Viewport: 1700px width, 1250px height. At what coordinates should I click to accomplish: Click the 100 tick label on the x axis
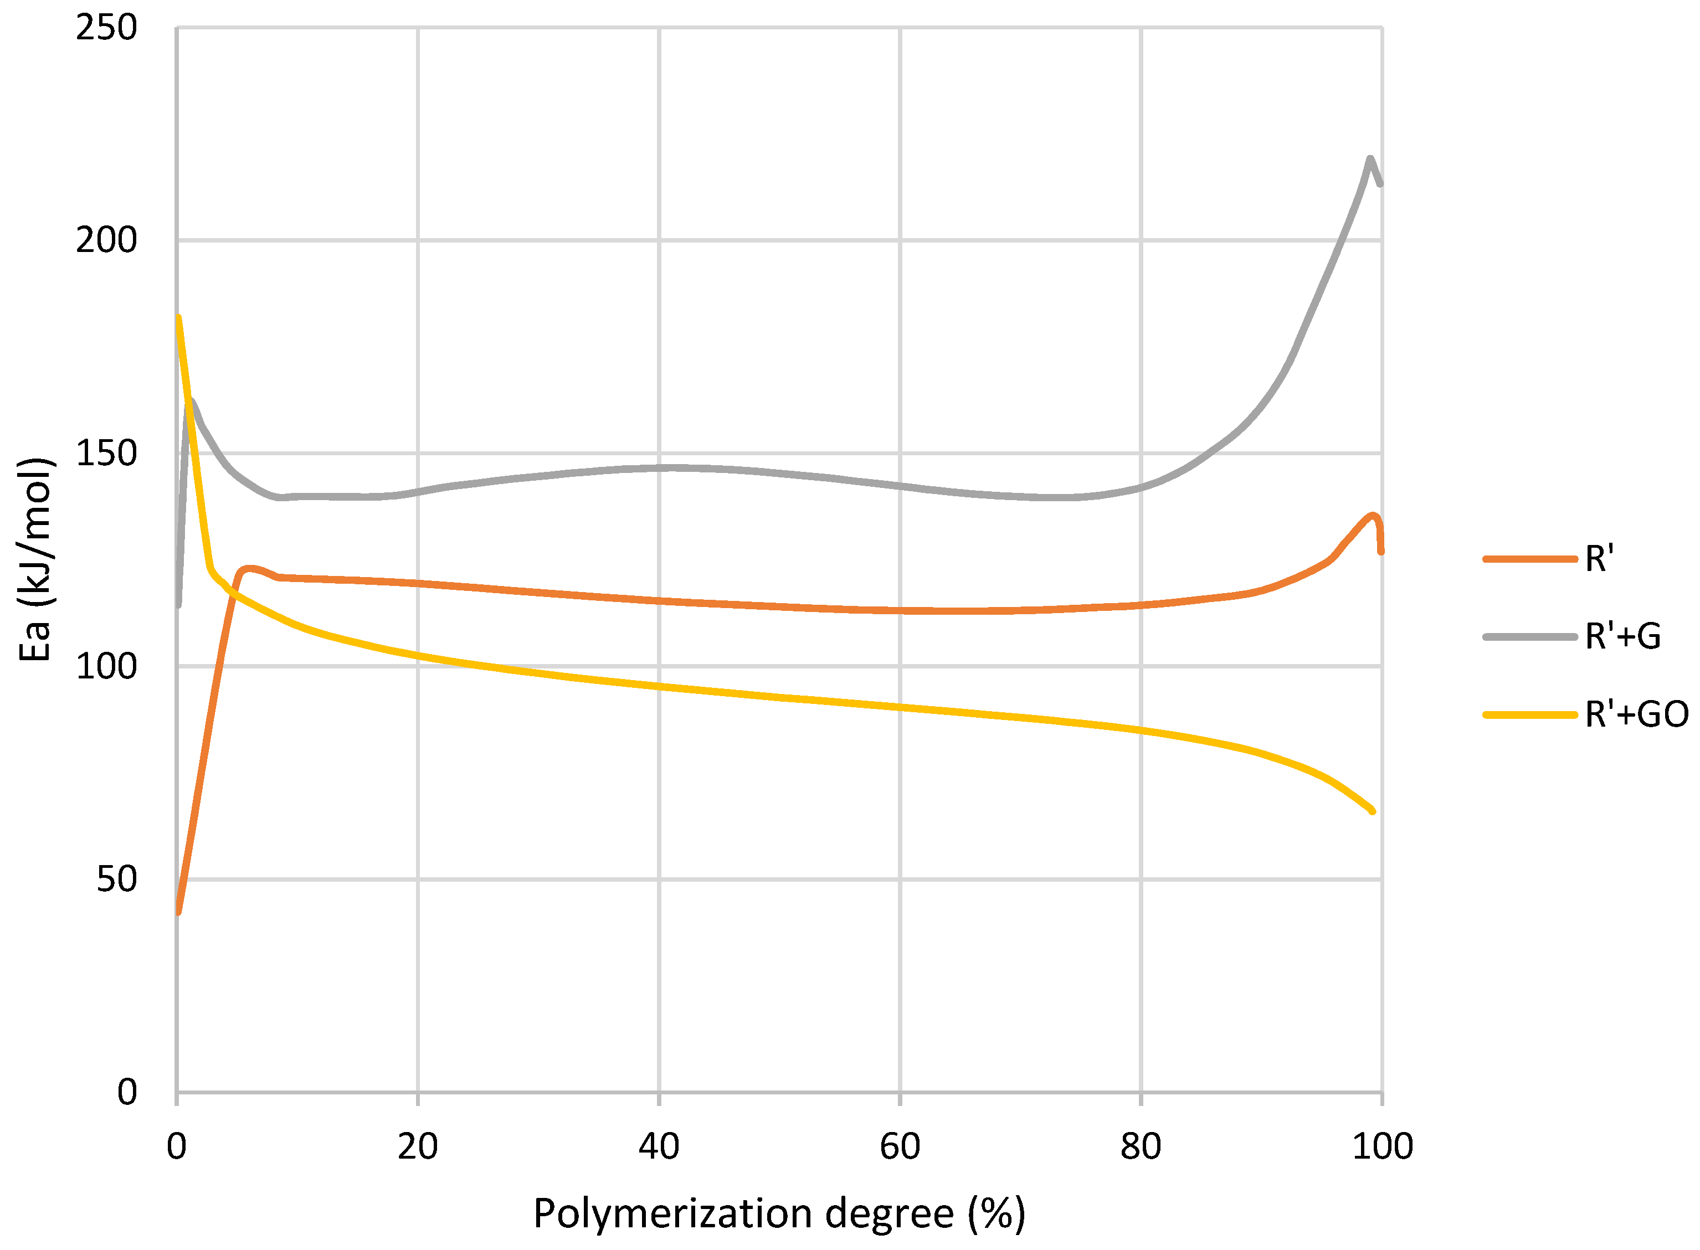click(1381, 1147)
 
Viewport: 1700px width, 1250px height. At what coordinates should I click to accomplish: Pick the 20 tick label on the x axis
click(417, 1147)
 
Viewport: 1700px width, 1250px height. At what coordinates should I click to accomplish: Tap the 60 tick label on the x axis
click(900, 1147)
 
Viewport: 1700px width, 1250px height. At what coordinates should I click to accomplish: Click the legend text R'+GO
click(1636, 714)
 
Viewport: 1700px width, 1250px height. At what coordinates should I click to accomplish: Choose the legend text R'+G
click(1623, 636)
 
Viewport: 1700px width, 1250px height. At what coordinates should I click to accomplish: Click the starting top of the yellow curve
click(178, 318)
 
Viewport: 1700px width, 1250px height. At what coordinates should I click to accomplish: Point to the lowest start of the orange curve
click(178, 912)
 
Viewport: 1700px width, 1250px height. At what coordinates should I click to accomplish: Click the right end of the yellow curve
click(1372, 811)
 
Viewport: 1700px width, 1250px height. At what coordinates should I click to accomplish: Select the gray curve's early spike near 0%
click(192, 401)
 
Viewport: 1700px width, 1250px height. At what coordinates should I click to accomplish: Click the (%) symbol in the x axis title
click(997, 1215)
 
